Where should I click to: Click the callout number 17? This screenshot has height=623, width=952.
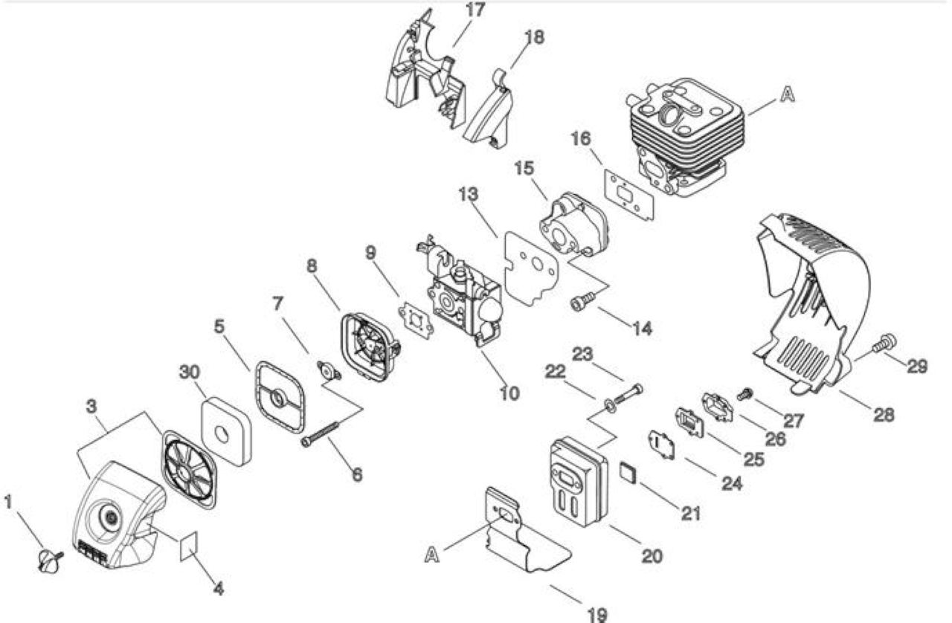tap(475, 10)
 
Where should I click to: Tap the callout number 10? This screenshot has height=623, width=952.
tap(509, 393)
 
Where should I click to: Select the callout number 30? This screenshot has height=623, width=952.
tap(190, 372)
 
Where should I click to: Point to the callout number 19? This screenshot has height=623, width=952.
tap(597, 615)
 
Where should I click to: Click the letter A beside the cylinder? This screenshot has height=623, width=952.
tap(788, 94)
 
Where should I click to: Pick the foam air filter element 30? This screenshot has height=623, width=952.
tap(227, 430)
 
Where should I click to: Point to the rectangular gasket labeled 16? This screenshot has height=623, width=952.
tap(629, 194)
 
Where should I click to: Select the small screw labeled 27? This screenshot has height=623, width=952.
tap(745, 393)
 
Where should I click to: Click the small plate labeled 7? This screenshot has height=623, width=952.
tap(329, 372)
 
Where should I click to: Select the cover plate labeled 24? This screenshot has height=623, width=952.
tap(661, 445)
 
